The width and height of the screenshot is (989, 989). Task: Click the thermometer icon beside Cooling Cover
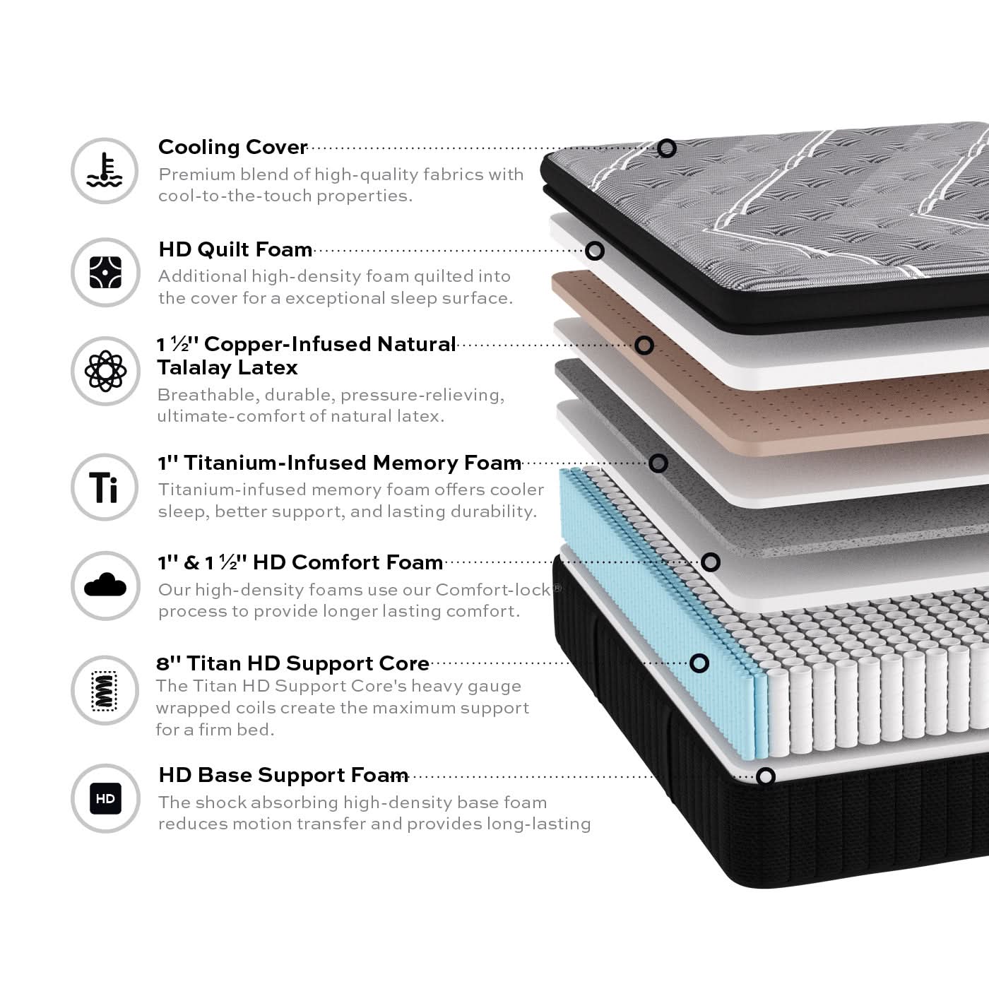(105, 170)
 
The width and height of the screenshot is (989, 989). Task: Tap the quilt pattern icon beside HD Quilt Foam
(105, 272)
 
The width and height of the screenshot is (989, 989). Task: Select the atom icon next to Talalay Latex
(105, 371)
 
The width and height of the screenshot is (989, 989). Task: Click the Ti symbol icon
(104, 487)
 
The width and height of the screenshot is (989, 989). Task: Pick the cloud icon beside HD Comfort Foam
(105, 585)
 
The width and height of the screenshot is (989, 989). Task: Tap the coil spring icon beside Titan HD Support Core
(104, 691)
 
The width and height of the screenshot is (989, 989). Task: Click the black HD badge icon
(105, 798)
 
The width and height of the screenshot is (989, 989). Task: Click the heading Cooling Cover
(232, 148)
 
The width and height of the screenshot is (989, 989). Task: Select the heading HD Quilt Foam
(235, 249)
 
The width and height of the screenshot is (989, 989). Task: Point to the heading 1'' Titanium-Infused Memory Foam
(339, 463)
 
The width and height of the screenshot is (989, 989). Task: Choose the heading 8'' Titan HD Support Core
(292, 663)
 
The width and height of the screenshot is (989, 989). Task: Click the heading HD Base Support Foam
(283, 775)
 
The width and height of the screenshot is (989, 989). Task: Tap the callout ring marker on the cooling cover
(667, 148)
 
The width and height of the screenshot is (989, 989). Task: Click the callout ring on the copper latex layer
(644, 345)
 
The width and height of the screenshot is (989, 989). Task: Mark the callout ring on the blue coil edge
(699, 663)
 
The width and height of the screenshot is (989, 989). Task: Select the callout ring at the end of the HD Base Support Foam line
(765, 776)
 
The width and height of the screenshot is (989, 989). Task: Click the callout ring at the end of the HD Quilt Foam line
(594, 251)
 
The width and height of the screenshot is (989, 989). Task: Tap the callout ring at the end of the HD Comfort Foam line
(711, 562)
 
